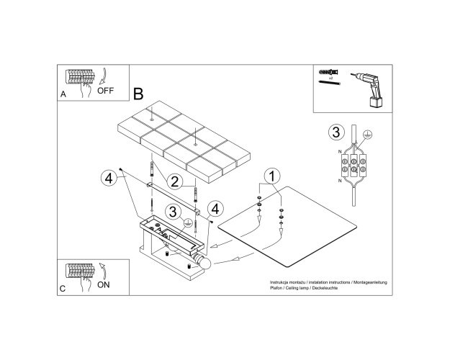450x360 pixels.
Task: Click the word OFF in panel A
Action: pyautogui.click(x=105, y=91)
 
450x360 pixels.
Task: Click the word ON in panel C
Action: pyautogui.click(x=103, y=285)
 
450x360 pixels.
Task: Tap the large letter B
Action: pyautogui.click(x=138, y=94)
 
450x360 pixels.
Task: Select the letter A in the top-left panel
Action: pyautogui.click(x=63, y=94)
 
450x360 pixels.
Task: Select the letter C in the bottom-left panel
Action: pyautogui.click(x=63, y=289)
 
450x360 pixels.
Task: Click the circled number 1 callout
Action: pyautogui.click(x=272, y=176)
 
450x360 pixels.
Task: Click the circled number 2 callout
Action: pyautogui.click(x=174, y=181)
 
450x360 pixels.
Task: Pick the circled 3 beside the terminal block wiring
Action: pyautogui.click(x=336, y=132)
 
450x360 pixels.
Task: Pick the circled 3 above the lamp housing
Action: pyautogui.click(x=173, y=212)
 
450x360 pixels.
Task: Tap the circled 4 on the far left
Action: pyautogui.click(x=109, y=179)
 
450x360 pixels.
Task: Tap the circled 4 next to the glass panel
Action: pyautogui.click(x=215, y=209)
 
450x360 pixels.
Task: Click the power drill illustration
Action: pyautogui.click(x=369, y=89)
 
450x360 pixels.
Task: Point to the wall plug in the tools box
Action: pyautogui.click(x=329, y=72)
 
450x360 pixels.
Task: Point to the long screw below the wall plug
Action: pyautogui.click(x=329, y=83)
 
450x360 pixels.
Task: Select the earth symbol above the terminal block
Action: pyautogui.click(x=367, y=134)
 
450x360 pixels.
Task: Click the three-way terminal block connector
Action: pyautogui.click(x=354, y=165)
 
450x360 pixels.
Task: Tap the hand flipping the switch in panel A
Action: pyautogui.click(x=86, y=88)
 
